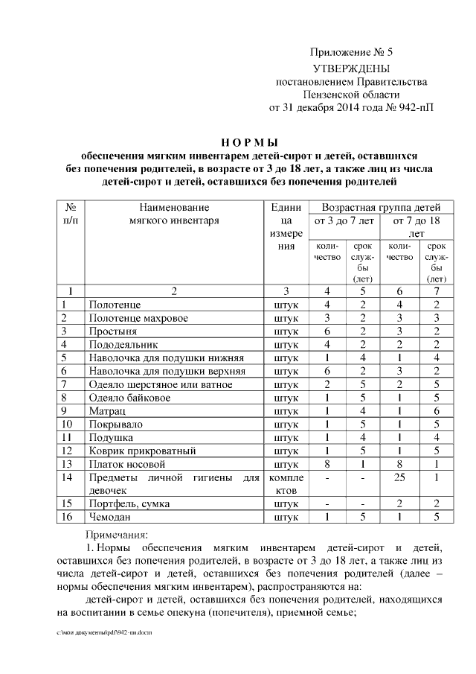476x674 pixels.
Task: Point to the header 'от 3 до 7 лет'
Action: coord(342,221)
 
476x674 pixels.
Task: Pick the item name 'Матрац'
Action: coord(106,410)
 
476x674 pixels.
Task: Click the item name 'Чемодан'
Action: coord(110,517)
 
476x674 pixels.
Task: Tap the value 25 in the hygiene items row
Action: coord(399,477)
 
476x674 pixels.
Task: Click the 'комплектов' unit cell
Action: coord(286,483)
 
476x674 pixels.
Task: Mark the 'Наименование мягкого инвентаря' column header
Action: coord(173,214)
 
